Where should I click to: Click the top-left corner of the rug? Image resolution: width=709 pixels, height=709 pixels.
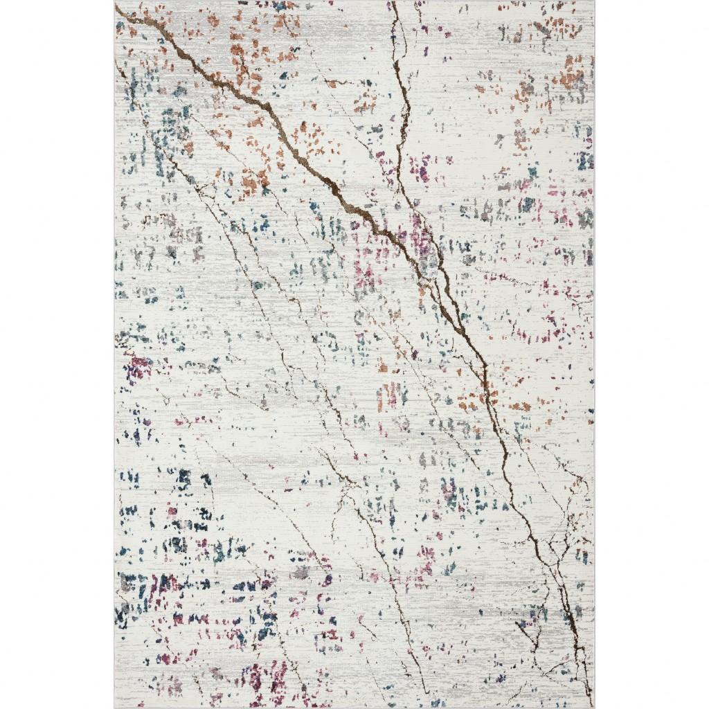(x=115, y=2)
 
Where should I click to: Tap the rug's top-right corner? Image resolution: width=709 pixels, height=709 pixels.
(x=594, y=2)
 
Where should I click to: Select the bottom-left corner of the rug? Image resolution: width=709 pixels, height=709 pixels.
(x=115, y=707)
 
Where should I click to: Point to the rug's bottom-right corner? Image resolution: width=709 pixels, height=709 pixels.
(x=594, y=707)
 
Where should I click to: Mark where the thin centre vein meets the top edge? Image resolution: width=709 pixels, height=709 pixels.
(x=393, y=3)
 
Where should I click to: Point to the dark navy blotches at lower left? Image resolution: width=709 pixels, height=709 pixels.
(x=183, y=499)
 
